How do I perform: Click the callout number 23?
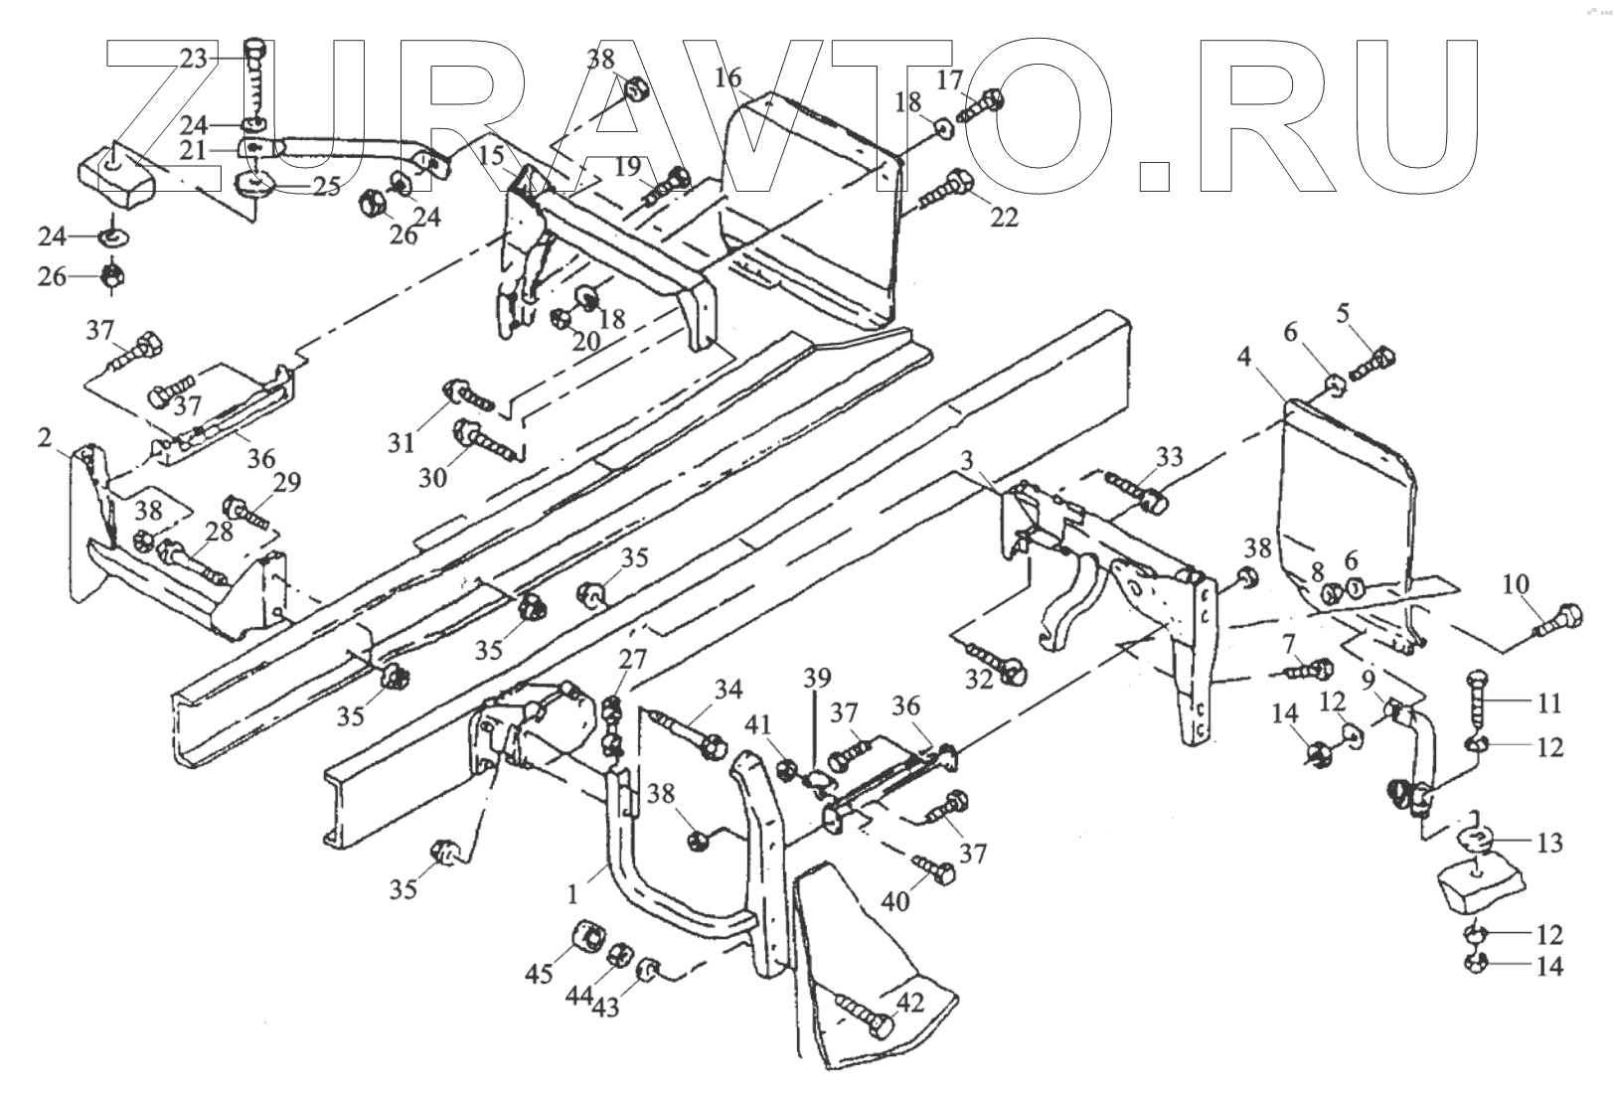193,59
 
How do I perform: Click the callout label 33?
1171,457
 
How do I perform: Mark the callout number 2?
45,437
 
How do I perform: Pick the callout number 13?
1549,843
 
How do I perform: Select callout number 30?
432,478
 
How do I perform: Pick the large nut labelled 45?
588,936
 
